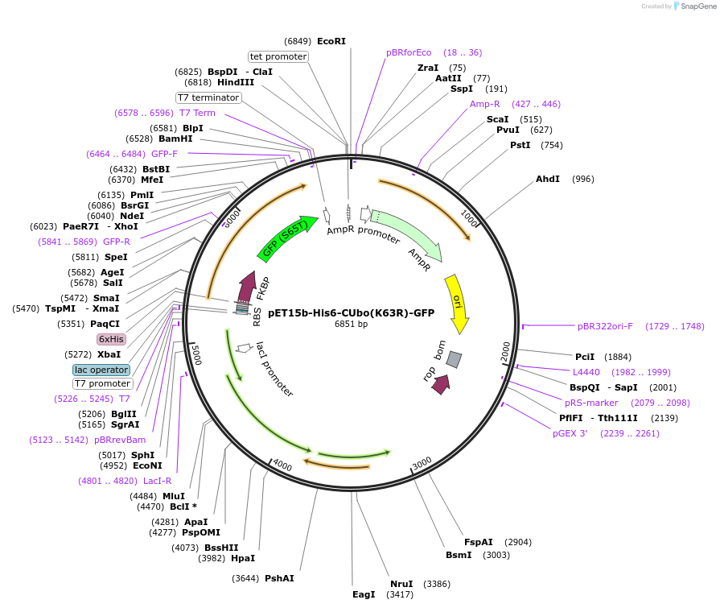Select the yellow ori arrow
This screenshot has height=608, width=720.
coord(457,302)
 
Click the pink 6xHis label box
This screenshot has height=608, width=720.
coord(111,339)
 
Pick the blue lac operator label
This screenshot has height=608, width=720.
coord(101,370)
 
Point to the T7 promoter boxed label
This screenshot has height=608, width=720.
coord(103,383)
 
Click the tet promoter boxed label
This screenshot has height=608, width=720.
coord(278,56)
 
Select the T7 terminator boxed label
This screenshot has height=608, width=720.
coord(208,97)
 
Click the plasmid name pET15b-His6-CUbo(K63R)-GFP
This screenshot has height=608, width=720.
coord(351,313)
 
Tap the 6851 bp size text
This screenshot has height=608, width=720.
coord(351,325)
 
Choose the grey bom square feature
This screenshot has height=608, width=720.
coord(455,359)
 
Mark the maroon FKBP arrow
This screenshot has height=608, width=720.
coord(248,286)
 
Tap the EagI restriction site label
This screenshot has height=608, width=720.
coord(364,594)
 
